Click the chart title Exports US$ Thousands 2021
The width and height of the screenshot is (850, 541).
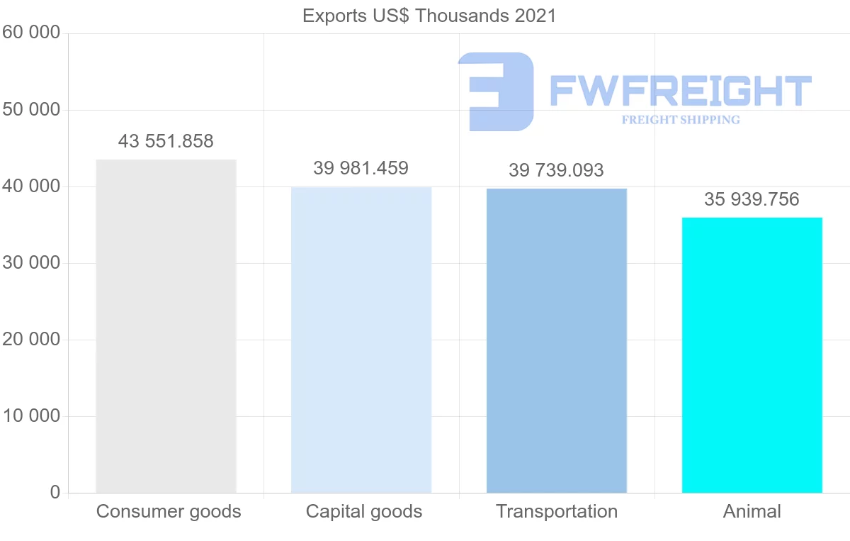point(429,16)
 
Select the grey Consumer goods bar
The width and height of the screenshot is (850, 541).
point(166,326)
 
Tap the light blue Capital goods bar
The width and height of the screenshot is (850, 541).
point(361,340)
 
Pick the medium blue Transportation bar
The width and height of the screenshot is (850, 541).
point(557,340)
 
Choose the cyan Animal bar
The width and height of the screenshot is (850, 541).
point(752,355)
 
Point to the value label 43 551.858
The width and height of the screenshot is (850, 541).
point(166,141)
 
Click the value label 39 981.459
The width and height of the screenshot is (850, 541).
point(361,169)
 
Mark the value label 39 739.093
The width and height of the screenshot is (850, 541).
point(557,170)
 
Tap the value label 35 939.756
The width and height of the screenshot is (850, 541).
point(752,199)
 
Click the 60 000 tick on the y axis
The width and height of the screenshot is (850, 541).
point(30,33)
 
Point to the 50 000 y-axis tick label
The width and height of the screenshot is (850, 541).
point(30,110)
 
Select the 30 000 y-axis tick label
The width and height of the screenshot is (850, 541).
point(30,263)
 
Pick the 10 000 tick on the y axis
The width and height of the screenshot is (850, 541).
point(30,416)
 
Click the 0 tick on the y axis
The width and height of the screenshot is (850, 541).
point(55,493)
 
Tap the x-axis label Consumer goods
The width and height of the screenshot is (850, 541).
point(169,511)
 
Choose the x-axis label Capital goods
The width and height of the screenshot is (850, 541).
point(364,511)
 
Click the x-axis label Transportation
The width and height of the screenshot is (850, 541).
point(557,511)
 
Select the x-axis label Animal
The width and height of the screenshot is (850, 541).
point(752,511)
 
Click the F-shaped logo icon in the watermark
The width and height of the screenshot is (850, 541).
point(495,91)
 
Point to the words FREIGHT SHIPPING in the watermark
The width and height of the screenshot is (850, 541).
point(681,120)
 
